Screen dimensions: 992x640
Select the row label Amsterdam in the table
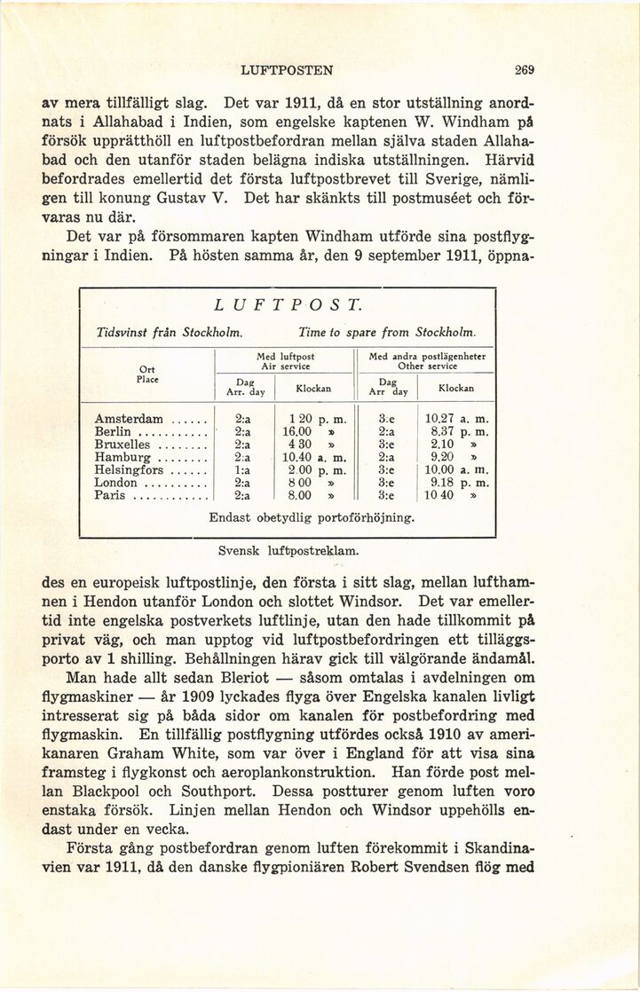pos(129,419)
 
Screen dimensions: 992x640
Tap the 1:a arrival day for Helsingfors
pos(242,470)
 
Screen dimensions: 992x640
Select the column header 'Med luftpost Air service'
pos(285,359)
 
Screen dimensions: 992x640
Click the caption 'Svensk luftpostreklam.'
pos(288,550)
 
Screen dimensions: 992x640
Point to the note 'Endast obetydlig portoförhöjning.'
pos(312,517)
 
